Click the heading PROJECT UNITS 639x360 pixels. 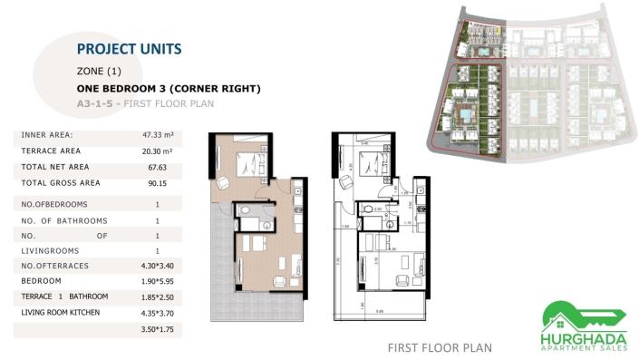pyautogui.click(x=129, y=49)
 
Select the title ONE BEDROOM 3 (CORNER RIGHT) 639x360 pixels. pyautogui.click(x=169, y=89)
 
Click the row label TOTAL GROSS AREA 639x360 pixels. pyautogui.click(x=60, y=183)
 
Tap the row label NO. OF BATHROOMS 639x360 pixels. pyautogui.click(x=63, y=221)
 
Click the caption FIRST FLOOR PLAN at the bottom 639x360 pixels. pyautogui.click(x=439, y=346)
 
